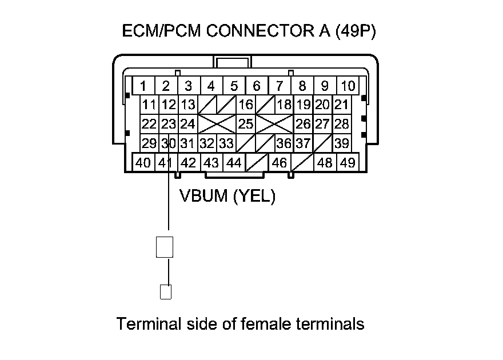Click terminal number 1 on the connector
(x=143, y=86)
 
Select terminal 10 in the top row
(x=348, y=86)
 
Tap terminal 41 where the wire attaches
(x=166, y=163)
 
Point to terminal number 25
(x=246, y=123)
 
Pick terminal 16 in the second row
(x=246, y=105)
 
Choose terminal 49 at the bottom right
(x=347, y=163)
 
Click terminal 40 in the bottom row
(x=143, y=163)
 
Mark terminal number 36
(x=284, y=143)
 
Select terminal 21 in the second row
(x=341, y=105)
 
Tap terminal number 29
(x=149, y=143)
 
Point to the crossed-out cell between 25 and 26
(x=274, y=123)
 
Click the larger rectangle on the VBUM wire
(x=165, y=246)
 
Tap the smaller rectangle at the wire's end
(x=165, y=291)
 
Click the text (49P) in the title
(x=355, y=31)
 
